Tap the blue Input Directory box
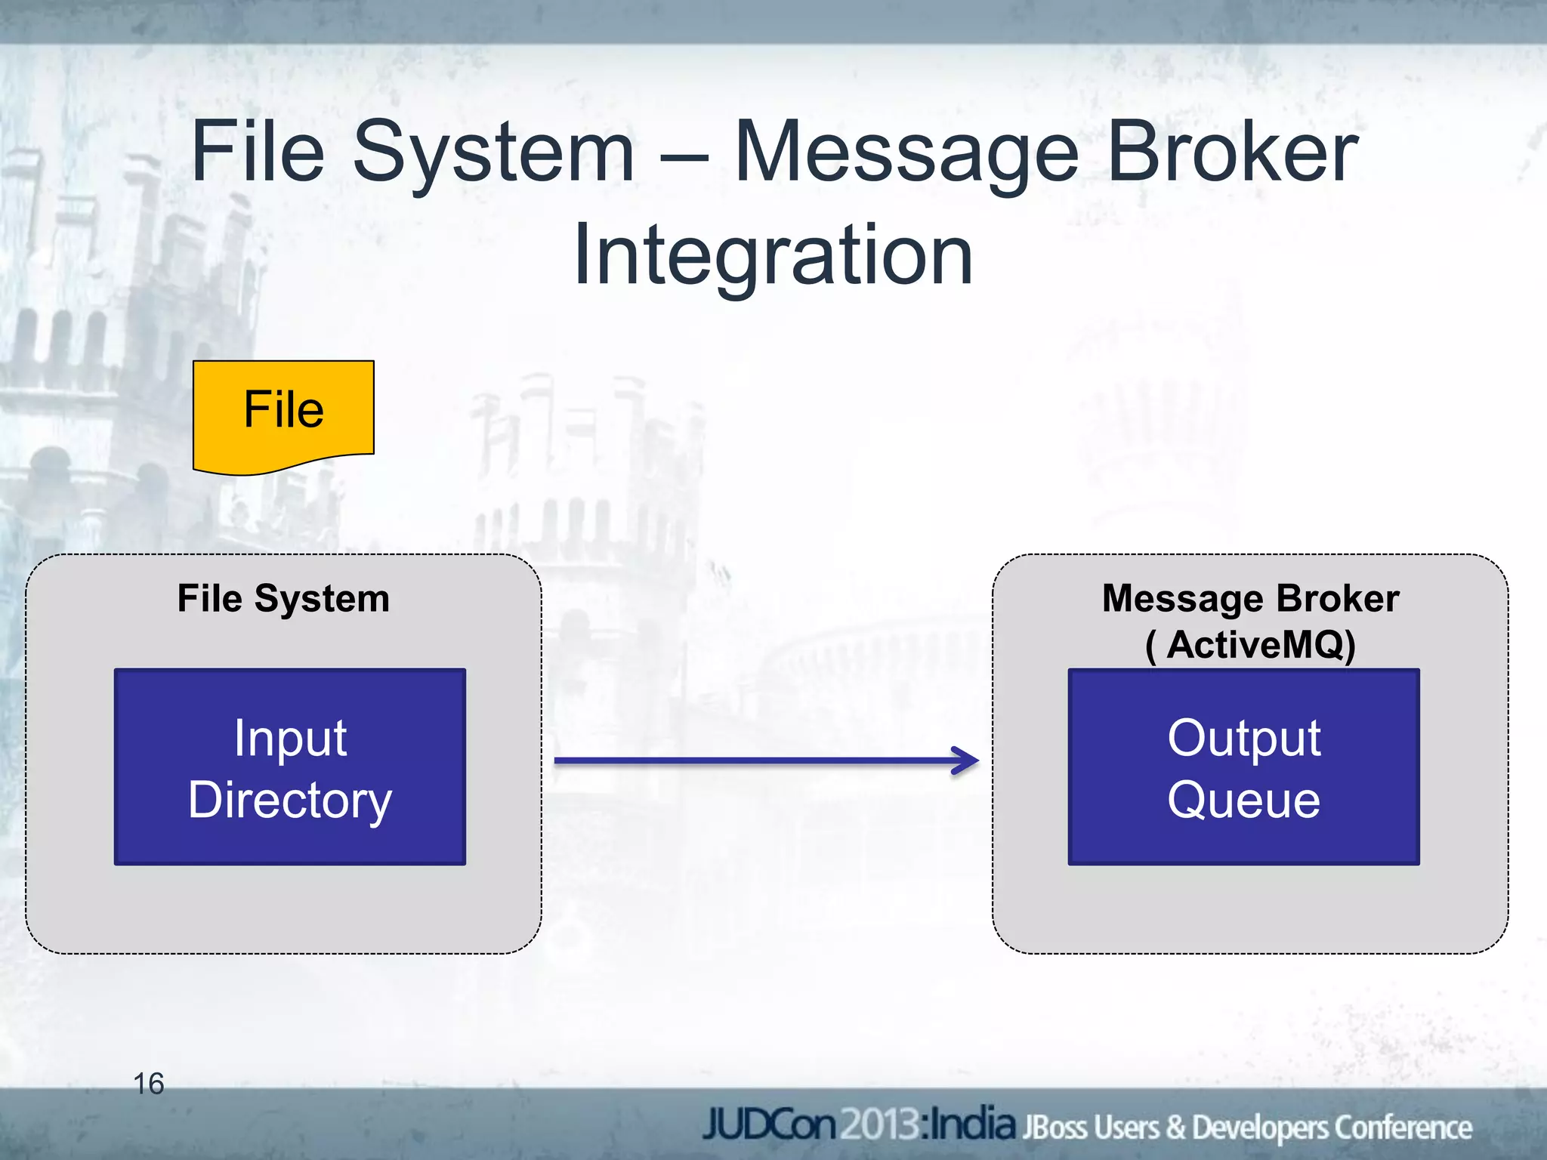(289, 767)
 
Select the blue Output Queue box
(1243, 767)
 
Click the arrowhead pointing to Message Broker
(967, 760)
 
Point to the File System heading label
(283, 598)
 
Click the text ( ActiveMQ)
(1250, 644)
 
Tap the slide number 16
(148, 1084)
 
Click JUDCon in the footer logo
(769, 1125)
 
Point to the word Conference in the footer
(1403, 1128)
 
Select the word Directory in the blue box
(289, 801)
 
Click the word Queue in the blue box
(1243, 801)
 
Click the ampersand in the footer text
(1175, 1128)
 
